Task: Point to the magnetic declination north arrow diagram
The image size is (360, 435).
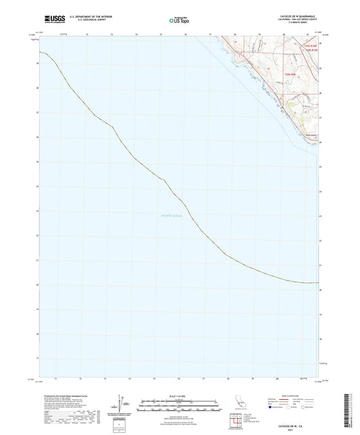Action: point(126,405)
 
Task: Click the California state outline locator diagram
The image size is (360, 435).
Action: point(238,406)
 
